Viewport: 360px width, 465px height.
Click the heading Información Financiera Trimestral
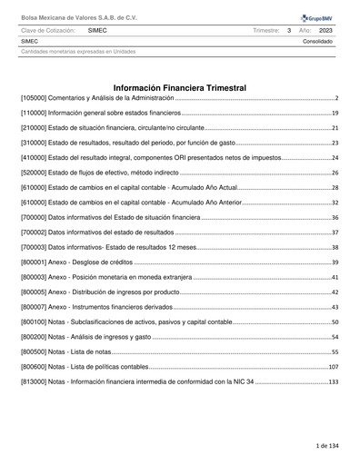tap(180, 87)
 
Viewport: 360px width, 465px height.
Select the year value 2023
tap(325, 30)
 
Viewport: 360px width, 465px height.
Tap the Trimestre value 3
tap(288, 30)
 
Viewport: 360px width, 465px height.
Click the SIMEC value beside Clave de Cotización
tap(98, 30)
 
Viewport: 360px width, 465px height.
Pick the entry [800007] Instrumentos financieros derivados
tap(105, 307)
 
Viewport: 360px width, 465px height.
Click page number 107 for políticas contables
tap(333, 366)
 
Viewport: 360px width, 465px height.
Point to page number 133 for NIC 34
tap(333, 381)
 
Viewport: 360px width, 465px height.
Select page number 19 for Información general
tap(335, 114)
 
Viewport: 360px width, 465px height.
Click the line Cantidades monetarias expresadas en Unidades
tap(78, 51)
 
